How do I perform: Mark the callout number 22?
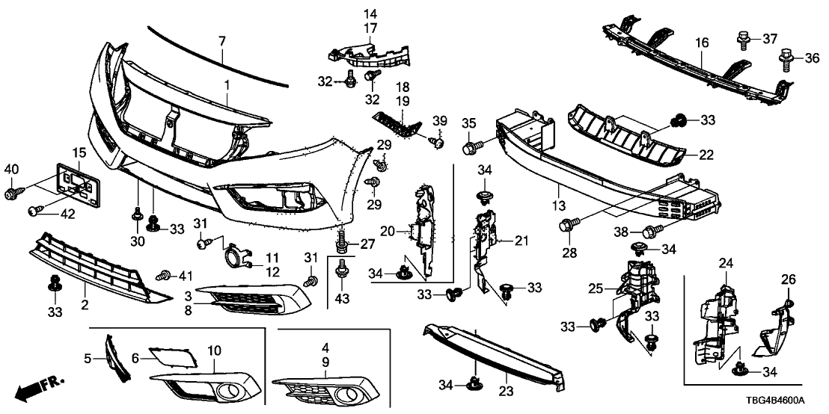(x=706, y=155)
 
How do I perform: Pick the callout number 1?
(x=226, y=87)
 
